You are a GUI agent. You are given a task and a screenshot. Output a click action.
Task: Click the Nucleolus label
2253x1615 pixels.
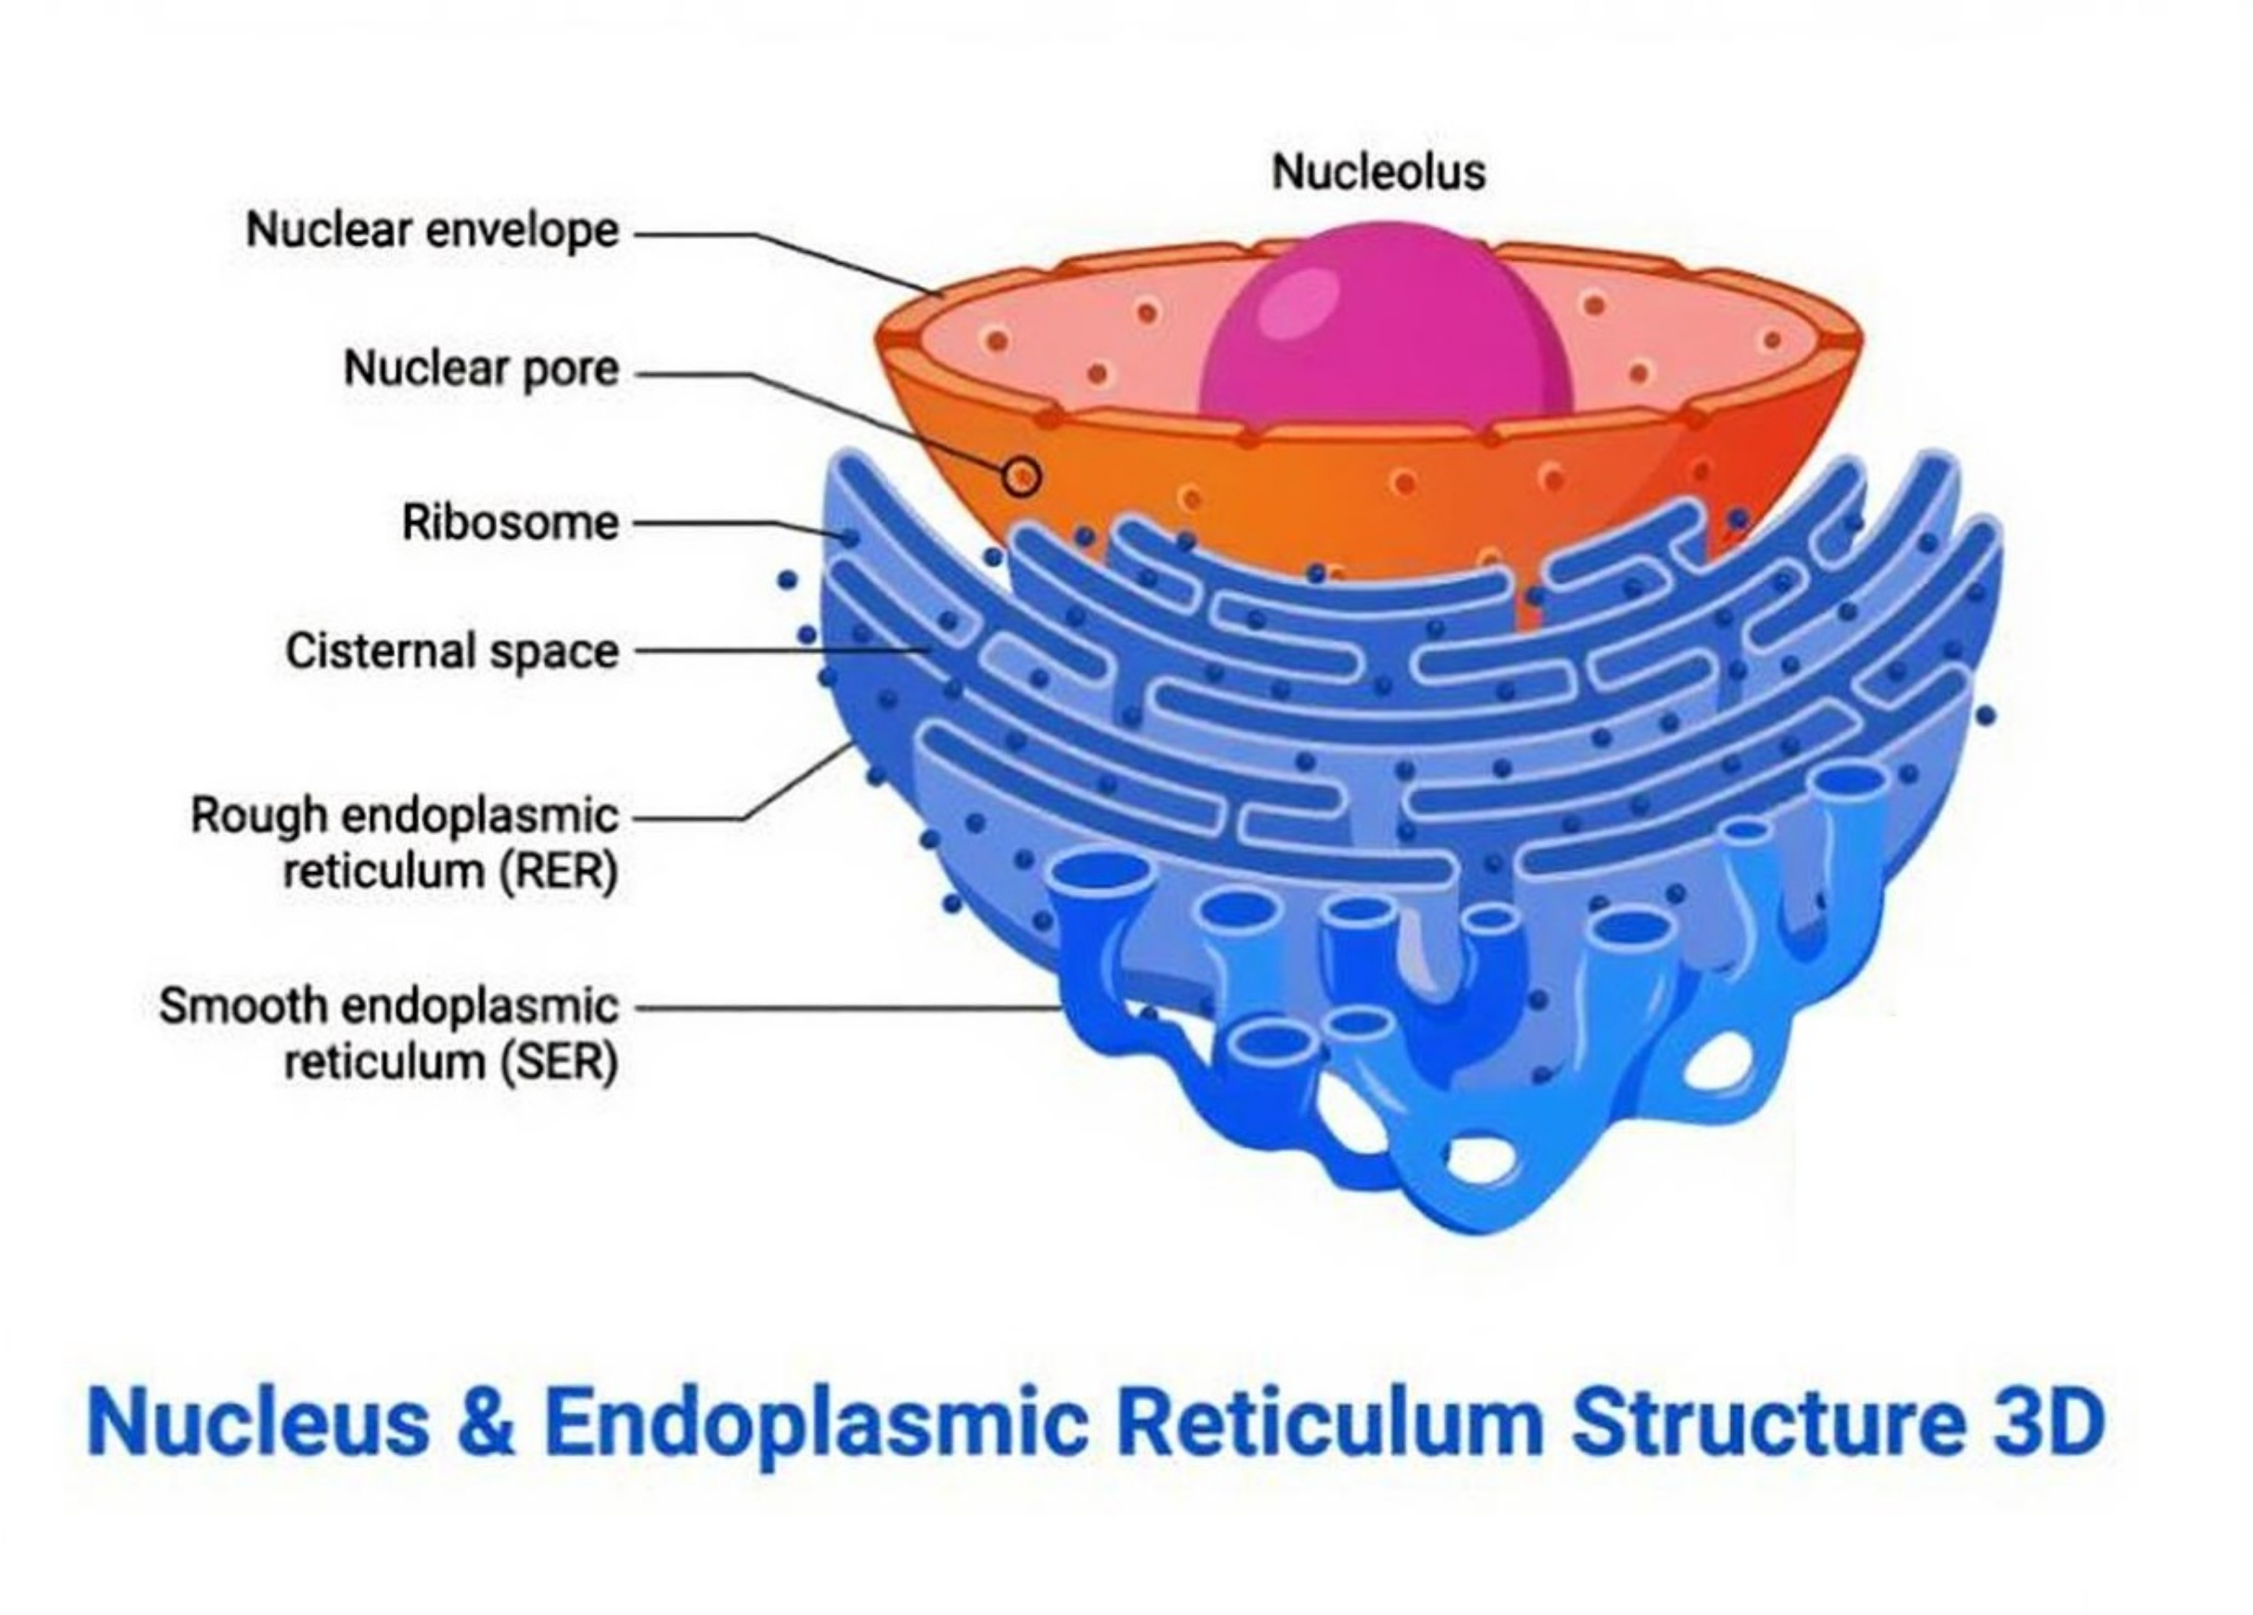coord(1378,172)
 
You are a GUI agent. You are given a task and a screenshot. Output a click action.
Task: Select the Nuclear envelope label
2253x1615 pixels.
coord(432,231)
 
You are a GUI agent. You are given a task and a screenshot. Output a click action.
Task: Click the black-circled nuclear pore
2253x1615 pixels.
coord(1020,478)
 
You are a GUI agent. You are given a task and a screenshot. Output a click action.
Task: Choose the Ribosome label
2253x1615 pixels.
coord(510,522)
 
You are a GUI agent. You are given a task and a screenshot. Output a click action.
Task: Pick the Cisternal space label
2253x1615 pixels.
coord(452,651)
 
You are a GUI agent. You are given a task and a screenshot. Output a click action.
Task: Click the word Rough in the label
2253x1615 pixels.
coord(258,816)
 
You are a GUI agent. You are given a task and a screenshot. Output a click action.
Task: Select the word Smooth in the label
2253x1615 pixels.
coord(244,1006)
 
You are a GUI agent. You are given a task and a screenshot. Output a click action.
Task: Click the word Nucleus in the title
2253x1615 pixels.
coord(258,1423)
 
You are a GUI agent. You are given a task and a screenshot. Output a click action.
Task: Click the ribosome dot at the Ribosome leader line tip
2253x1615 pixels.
coord(850,538)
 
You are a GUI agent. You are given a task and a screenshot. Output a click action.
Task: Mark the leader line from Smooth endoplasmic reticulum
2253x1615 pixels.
coord(844,1008)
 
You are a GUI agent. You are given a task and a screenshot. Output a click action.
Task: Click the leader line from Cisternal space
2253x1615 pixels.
coord(775,651)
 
